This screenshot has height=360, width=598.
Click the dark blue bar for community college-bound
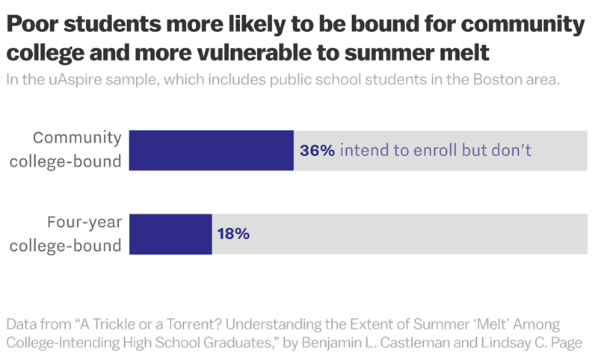tap(212, 150)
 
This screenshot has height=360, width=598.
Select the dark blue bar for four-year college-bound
tap(171, 234)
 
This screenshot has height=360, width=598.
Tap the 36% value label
tap(318, 151)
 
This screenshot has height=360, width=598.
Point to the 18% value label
tap(233, 234)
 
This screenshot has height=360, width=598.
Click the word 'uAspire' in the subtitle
tap(74, 80)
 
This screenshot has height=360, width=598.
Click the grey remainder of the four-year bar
tap(419, 234)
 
